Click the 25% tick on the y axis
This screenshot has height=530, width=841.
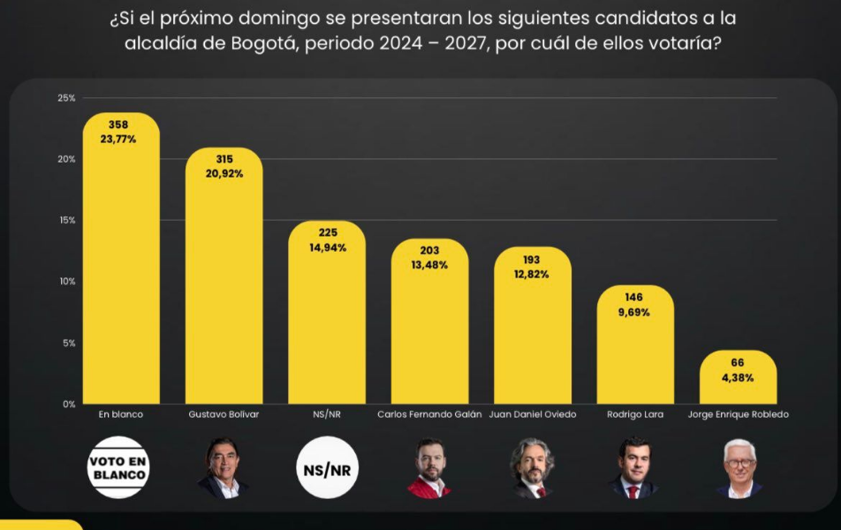[66, 97]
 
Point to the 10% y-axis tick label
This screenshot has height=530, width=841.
[66, 281]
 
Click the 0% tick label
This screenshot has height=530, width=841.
[68, 404]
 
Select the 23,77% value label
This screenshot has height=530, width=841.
[121, 139]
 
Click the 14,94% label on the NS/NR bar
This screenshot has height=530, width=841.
[327, 247]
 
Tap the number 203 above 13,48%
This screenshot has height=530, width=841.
[429, 251]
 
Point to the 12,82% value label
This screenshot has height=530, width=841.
[532, 274]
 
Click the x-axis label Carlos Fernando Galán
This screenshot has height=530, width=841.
[429, 414]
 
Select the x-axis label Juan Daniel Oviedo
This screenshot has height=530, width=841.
[532, 414]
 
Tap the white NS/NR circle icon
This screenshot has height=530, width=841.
[327, 467]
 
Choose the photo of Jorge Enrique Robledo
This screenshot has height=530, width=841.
[739, 468]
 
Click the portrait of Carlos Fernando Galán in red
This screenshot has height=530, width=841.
[429, 468]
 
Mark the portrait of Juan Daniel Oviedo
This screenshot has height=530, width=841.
[532, 468]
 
